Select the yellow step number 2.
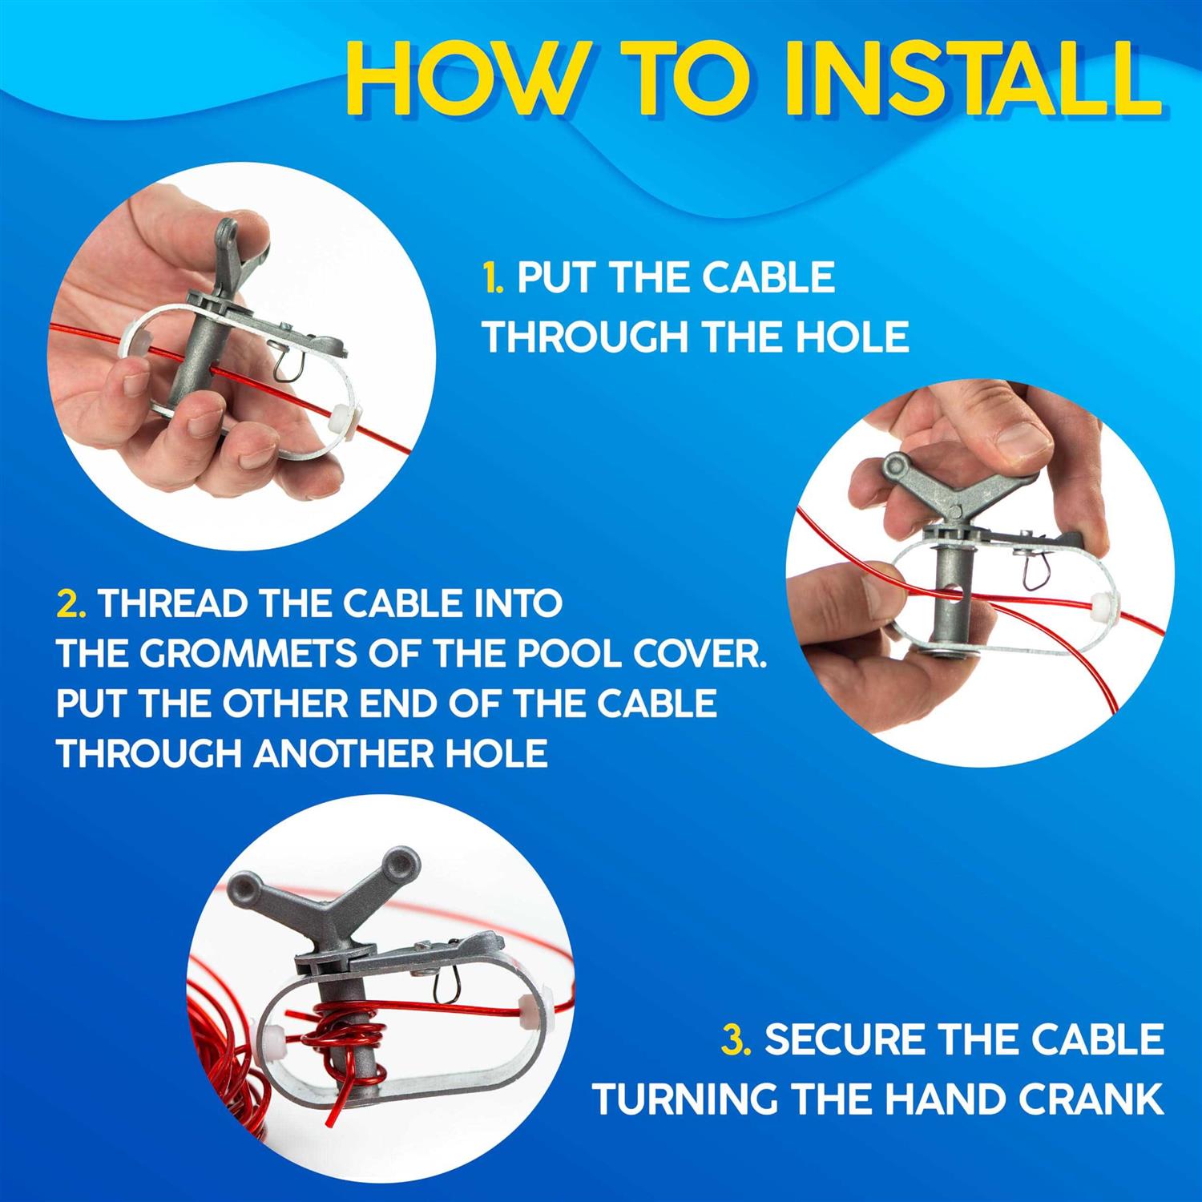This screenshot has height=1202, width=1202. (71, 603)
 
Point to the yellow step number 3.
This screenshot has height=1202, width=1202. (736, 1039)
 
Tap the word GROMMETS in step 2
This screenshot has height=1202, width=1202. (240, 654)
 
